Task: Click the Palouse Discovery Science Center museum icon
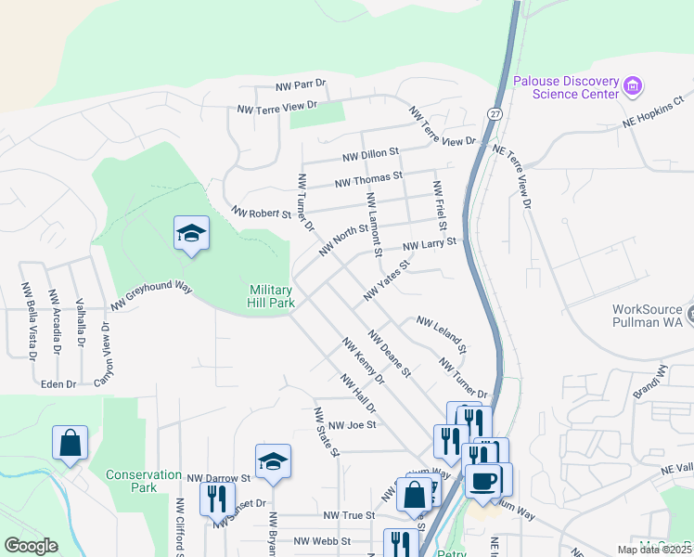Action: click(634, 87)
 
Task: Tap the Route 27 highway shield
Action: click(495, 113)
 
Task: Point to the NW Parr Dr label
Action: click(301, 85)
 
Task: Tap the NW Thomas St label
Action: click(368, 177)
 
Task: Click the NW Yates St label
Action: click(387, 280)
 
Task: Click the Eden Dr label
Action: click(57, 382)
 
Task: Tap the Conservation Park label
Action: click(143, 481)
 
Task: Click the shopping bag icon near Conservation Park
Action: click(71, 444)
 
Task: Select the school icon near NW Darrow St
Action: click(273, 461)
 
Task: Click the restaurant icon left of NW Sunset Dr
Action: click(216, 499)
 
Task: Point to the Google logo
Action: click(31, 546)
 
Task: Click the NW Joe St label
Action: click(350, 425)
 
